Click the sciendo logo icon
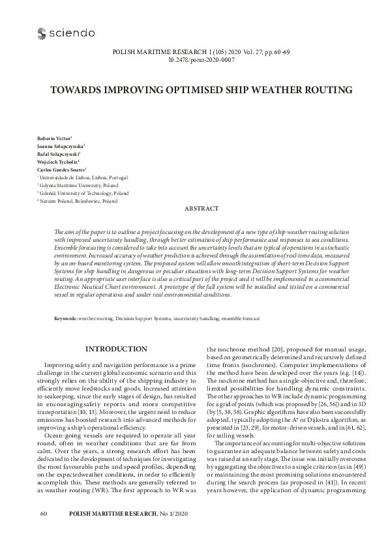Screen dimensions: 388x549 tap(42, 33)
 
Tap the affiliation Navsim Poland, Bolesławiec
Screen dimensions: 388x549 tap(78, 201)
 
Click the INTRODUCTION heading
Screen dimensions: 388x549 tap(116, 349)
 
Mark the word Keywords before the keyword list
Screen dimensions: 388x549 tap(65, 319)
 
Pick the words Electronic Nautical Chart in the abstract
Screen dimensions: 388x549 tap(87, 286)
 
